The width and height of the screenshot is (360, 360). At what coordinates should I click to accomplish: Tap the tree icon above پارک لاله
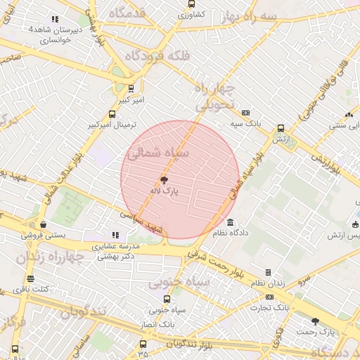click(x=165, y=180)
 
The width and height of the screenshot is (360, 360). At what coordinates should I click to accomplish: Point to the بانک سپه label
click(x=247, y=123)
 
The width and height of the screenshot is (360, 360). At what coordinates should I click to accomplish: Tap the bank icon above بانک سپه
click(x=245, y=113)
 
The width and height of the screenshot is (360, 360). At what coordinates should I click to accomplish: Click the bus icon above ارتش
click(x=281, y=129)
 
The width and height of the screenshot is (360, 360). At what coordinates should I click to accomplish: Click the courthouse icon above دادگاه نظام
click(x=231, y=223)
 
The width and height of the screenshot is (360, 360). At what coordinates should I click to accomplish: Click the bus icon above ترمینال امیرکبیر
click(x=112, y=115)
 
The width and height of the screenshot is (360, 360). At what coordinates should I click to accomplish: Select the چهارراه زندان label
click(x=49, y=257)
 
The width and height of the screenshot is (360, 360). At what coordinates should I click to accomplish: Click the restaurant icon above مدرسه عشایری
click(x=115, y=236)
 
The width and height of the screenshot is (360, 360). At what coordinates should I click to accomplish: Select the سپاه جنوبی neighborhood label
click(x=179, y=283)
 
